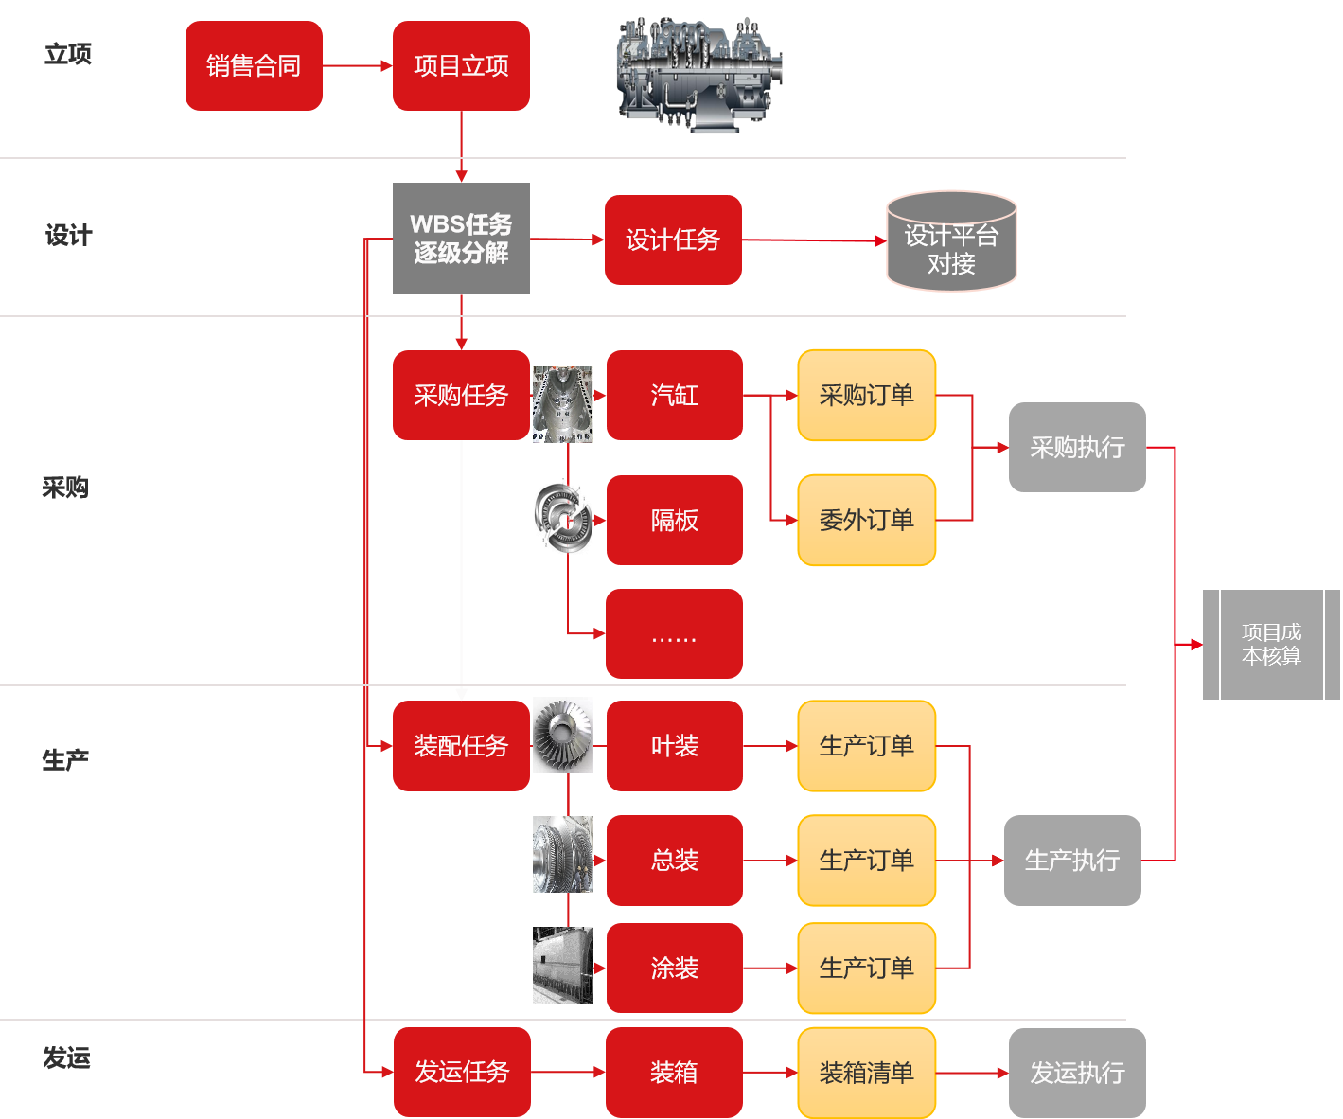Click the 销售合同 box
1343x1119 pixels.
254,66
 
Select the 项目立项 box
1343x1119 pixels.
461,66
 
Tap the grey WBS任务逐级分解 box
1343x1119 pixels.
461,239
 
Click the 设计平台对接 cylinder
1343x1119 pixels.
951,242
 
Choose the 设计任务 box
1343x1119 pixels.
673,240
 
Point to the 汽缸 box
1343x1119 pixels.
674,395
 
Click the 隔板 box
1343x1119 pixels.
674,520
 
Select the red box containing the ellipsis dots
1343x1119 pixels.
674,633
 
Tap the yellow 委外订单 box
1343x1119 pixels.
866,520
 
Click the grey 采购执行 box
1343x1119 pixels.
1077,447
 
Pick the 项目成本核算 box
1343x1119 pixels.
1271,644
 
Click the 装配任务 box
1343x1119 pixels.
461,746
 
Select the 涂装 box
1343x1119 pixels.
674,968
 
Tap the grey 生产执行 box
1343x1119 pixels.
1072,860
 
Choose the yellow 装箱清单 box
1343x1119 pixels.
866,1073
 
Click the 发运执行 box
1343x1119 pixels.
1077,1073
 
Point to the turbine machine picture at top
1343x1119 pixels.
699,74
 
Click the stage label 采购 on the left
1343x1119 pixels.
65,488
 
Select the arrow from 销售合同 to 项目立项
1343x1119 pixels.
357,66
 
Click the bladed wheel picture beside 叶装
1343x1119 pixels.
563,735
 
